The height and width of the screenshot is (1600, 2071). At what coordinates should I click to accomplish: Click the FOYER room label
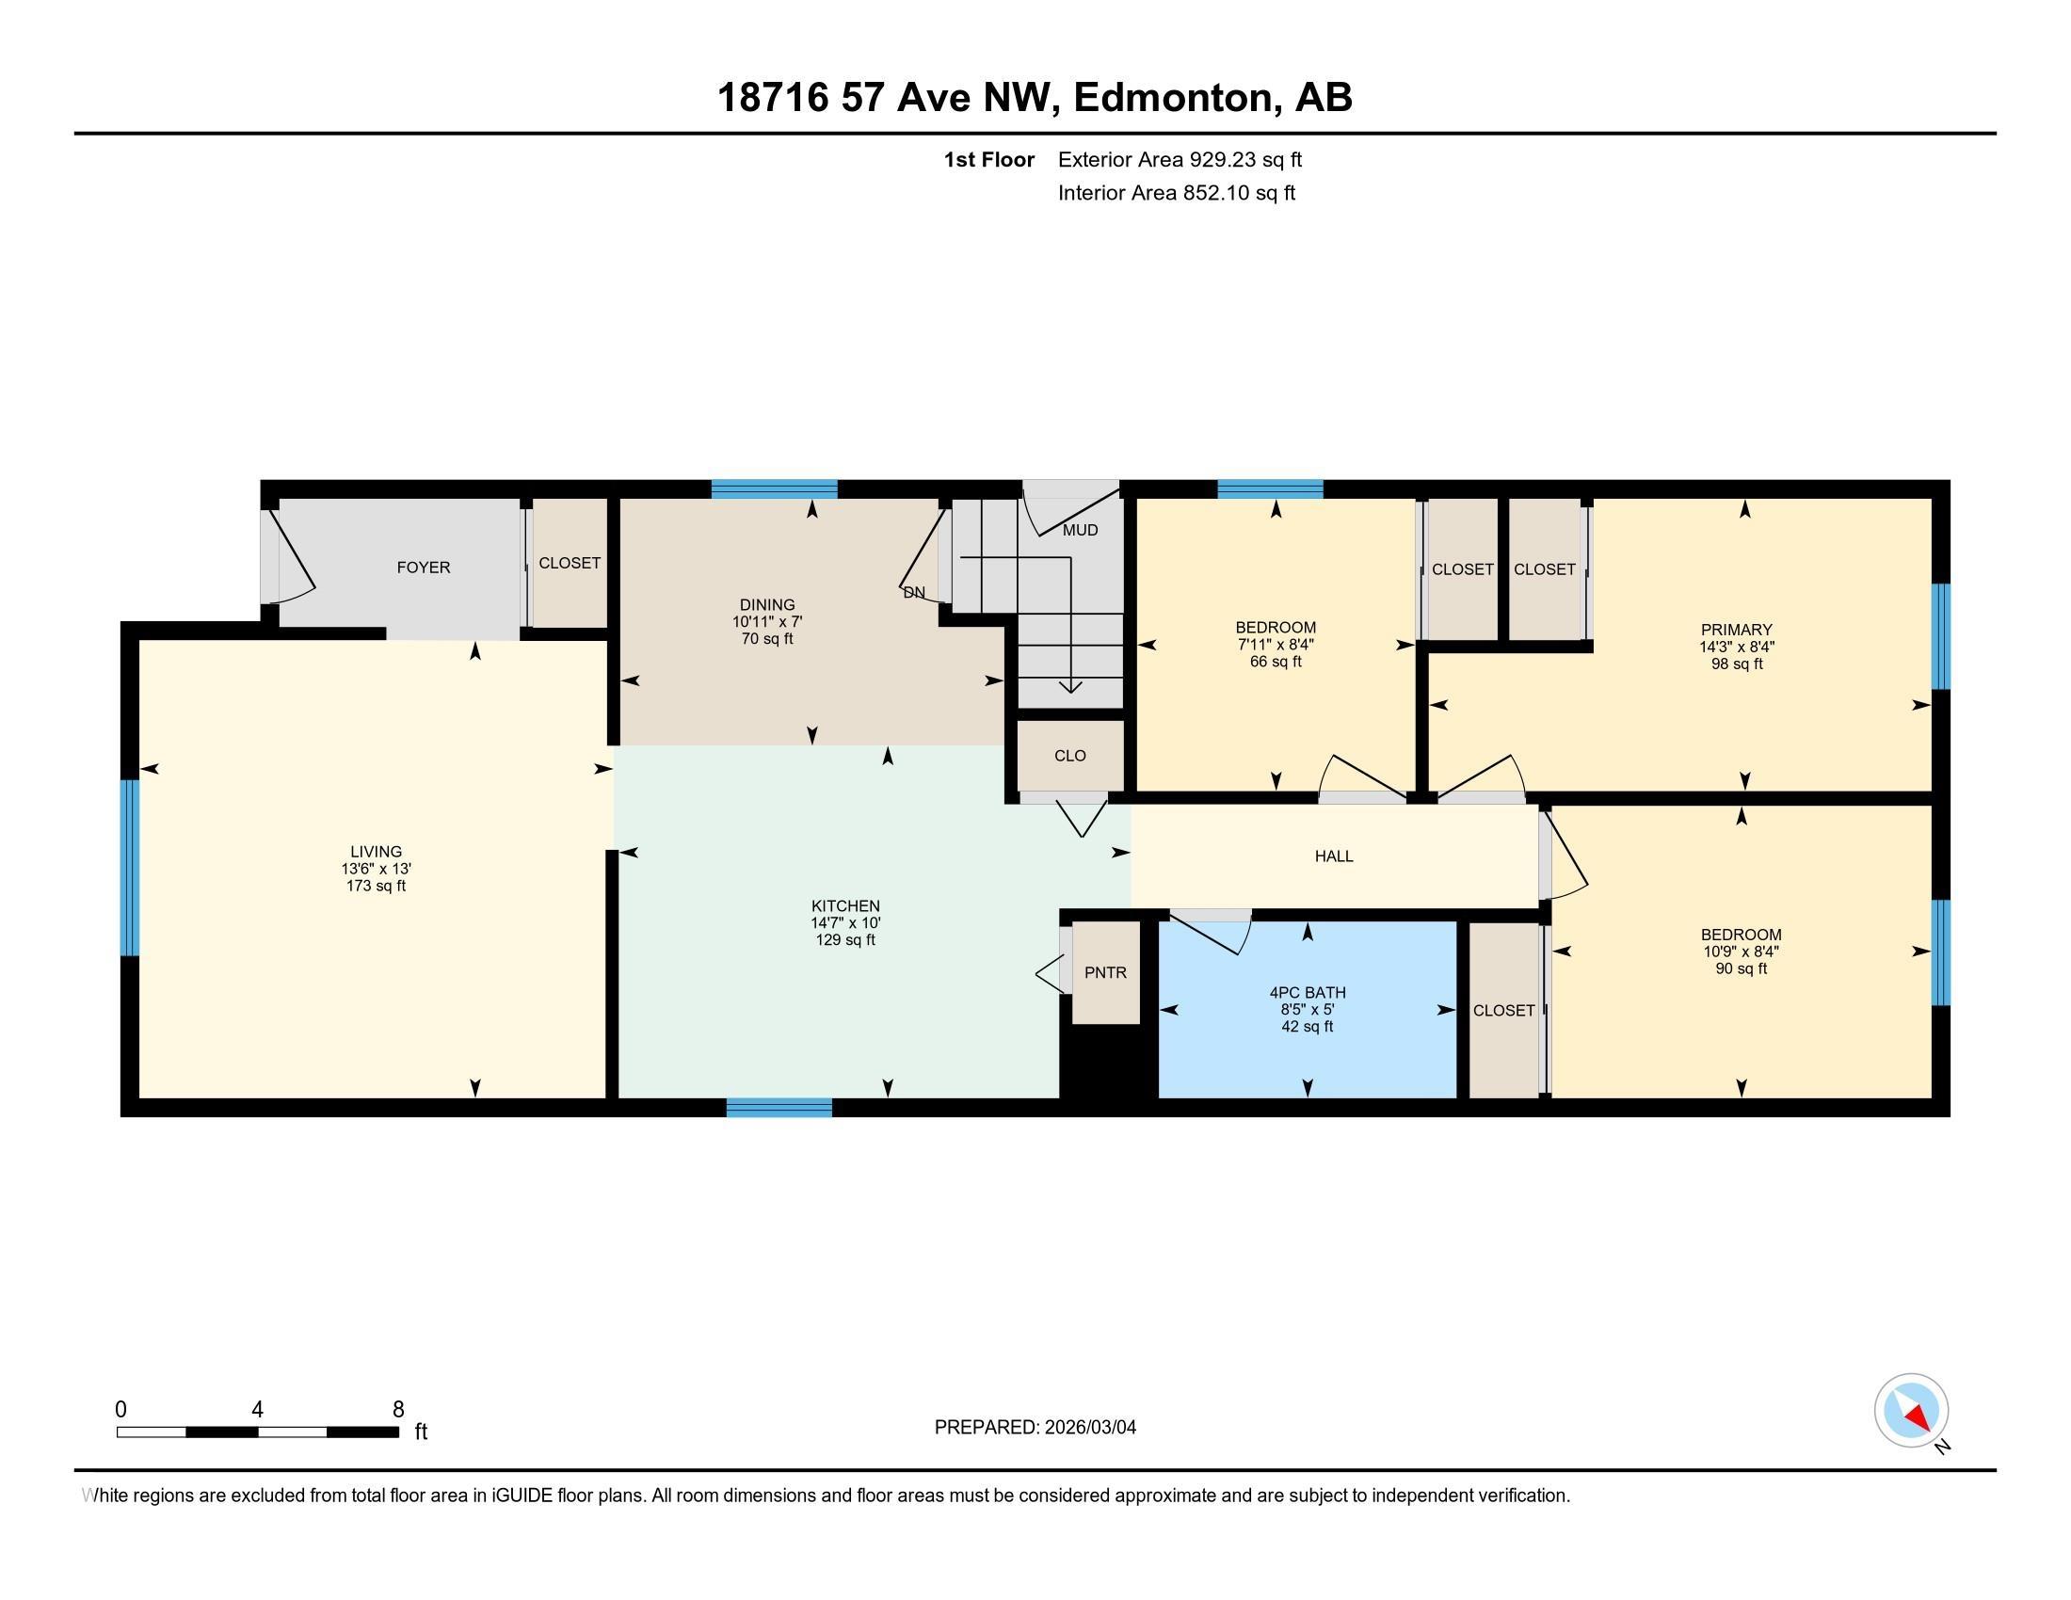pyautogui.click(x=423, y=567)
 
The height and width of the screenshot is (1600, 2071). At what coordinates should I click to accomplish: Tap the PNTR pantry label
pyautogui.click(x=1105, y=972)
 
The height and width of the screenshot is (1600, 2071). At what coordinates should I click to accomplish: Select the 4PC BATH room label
pyautogui.click(x=1307, y=992)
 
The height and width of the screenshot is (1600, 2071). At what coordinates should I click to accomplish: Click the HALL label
pyautogui.click(x=1333, y=856)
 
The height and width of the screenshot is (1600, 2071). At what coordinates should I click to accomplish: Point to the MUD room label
pyautogui.click(x=1080, y=530)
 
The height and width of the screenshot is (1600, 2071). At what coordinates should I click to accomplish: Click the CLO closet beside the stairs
pyautogui.click(x=1069, y=756)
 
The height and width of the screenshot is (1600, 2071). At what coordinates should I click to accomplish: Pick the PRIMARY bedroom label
pyautogui.click(x=1736, y=630)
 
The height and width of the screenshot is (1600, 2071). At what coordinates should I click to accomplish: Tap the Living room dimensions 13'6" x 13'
pyautogui.click(x=376, y=869)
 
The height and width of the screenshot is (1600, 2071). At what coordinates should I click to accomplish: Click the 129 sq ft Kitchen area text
pyautogui.click(x=845, y=940)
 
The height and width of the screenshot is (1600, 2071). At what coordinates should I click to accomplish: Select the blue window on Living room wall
pyautogui.click(x=130, y=868)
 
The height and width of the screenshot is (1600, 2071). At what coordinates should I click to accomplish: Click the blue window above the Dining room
pyautogui.click(x=774, y=489)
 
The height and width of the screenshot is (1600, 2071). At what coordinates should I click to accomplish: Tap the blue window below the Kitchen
pyautogui.click(x=779, y=1107)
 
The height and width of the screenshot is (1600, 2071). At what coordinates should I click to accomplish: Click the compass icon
pyautogui.click(x=1911, y=1411)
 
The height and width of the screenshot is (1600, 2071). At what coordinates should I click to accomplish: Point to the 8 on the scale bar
pyautogui.click(x=398, y=1410)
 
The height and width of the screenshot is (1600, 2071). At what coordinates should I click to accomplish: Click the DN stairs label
pyautogui.click(x=914, y=592)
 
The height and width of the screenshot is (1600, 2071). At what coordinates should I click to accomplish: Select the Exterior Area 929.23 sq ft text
pyautogui.click(x=1180, y=159)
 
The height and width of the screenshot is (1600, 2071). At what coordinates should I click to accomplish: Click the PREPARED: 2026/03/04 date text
pyautogui.click(x=1035, y=1428)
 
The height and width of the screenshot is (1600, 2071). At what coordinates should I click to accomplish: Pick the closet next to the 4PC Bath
pyautogui.click(x=1503, y=1011)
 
